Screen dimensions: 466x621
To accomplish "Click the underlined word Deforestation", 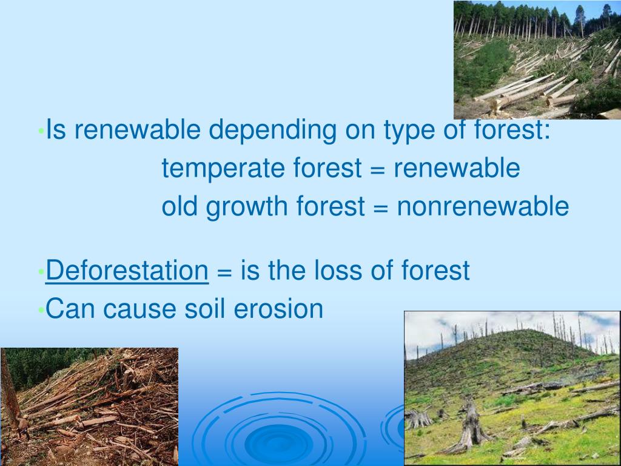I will tap(127, 271).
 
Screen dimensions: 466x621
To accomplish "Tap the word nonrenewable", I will tap(483, 207).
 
